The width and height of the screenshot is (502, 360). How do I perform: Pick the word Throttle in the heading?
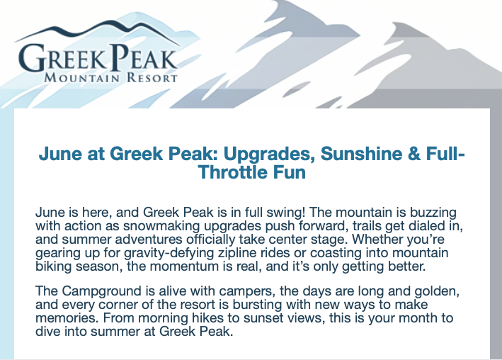click(x=236, y=172)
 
